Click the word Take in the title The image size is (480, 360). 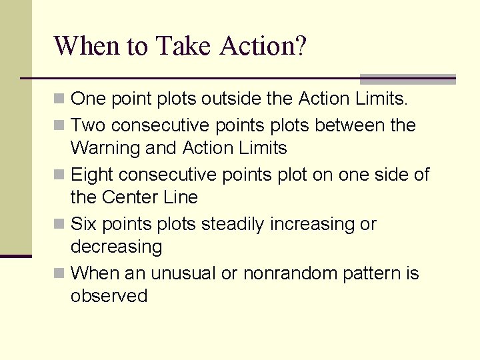(x=183, y=46)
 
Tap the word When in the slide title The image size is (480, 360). (x=87, y=46)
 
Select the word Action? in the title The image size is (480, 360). (x=263, y=46)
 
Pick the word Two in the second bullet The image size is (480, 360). (x=89, y=125)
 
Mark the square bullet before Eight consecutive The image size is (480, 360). (x=60, y=175)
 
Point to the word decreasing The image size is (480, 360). (x=116, y=247)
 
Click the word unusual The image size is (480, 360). (x=182, y=273)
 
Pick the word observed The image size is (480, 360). (x=109, y=296)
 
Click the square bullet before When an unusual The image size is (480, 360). (x=60, y=273)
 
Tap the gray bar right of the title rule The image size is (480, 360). (x=407, y=79)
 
